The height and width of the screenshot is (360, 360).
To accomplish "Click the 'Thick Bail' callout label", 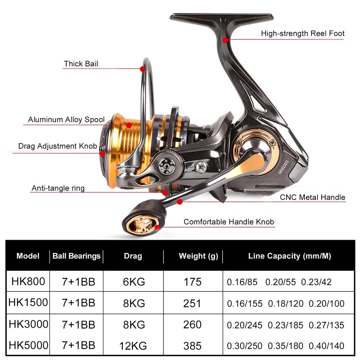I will pos(81,64).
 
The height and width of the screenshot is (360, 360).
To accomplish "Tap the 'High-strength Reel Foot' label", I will pos(302,33).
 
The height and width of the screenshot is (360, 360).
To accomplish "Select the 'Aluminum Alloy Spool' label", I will pos(66,120).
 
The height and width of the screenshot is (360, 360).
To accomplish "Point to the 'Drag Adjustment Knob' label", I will pos(58,146).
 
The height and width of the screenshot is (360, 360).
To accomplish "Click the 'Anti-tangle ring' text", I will pos(58,188).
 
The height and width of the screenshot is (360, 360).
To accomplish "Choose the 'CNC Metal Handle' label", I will pos(313,197).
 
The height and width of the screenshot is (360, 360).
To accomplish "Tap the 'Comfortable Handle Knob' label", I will pos(229,222).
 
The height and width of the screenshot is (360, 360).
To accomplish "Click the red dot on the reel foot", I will pos(225,40).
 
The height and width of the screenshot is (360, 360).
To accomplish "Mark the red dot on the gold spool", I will pos(129,125).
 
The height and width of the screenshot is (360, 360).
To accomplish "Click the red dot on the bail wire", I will pos(143,69).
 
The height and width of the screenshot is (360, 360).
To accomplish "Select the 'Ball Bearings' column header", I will pos(76,256).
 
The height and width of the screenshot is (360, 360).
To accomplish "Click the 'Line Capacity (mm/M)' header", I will pos(289,256).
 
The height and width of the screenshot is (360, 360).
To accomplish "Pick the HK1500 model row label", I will pos(28,302).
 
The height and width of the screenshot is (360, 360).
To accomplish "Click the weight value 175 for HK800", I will pos(192,282).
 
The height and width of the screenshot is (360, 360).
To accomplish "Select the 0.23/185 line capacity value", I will pos(285,325).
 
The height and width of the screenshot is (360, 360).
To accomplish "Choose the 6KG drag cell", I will pos(134,282).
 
